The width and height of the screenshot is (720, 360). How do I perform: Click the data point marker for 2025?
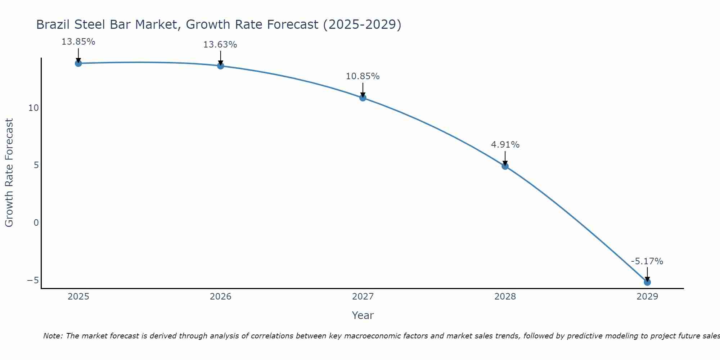click(78, 63)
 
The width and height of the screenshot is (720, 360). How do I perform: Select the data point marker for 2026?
click(221, 66)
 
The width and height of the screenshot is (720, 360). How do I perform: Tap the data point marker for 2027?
click(363, 98)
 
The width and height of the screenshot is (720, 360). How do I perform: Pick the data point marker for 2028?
click(505, 166)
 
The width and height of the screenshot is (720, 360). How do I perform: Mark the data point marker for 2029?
click(647, 282)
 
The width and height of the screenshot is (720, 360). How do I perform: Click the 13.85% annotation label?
click(78, 42)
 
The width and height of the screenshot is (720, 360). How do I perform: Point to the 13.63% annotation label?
click(220, 45)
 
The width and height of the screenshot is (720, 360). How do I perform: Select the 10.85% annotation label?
click(363, 76)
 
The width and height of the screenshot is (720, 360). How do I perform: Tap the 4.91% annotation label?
click(505, 145)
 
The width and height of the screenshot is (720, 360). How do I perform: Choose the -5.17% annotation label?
click(647, 261)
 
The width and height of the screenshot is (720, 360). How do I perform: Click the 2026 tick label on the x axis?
click(221, 297)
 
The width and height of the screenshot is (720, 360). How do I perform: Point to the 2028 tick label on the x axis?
click(505, 297)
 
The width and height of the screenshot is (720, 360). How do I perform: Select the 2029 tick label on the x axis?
click(647, 297)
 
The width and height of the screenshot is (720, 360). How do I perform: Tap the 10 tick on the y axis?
click(33, 108)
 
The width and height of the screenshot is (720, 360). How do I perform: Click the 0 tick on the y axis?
click(36, 223)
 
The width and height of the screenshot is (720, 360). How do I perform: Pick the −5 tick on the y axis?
click(33, 280)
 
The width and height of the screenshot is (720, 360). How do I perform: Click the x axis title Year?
click(363, 315)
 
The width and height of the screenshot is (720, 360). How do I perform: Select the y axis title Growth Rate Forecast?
click(9, 172)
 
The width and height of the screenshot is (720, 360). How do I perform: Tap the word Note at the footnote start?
click(53, 336)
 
